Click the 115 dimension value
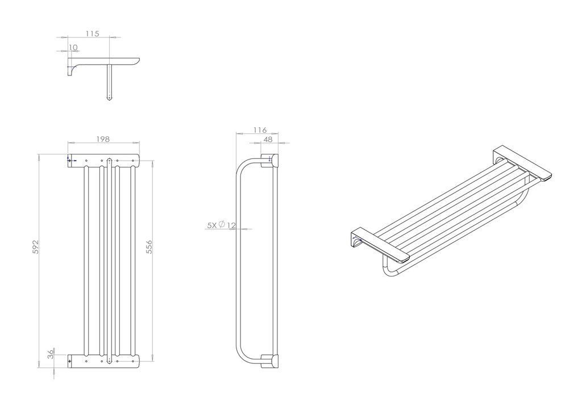(x=92, y=33)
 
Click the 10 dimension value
(x=73, y=47)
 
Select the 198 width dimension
(x=103, y=139)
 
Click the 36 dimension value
(x=51, y=353)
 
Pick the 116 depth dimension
(x=260, y=130)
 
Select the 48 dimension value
(x=268, y=139)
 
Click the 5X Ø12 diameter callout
(x=221, y=225)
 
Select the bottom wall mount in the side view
(x=269, y=362)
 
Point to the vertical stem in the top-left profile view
(x=109, y=82)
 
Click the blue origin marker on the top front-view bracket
(x=70, y=160)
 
